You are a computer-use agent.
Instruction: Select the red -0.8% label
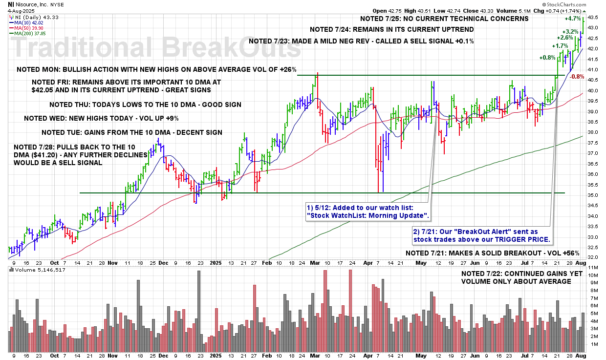tap(577, 77)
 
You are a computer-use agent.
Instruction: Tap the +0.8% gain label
tap(547, 58)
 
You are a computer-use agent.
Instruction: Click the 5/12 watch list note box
tap(368, 211)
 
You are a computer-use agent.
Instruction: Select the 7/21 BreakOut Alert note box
tap(482, 236)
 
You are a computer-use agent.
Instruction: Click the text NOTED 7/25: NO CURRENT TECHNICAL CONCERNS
tap(444, 19)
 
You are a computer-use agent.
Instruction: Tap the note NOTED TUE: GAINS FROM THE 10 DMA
tap(132, 132)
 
